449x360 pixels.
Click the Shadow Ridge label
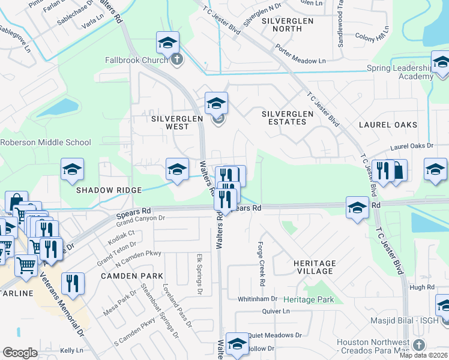[109, 190]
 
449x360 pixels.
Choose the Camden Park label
[131, 276]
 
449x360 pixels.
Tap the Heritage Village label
[315, 268]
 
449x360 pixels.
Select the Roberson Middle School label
[46, 143]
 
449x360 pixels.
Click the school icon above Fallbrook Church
[168, 42]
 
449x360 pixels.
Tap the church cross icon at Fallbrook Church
[176, 59]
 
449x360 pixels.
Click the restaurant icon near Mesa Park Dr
[73, 283]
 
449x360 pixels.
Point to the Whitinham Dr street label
[258, 298]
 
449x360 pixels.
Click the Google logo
[20, 352]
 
